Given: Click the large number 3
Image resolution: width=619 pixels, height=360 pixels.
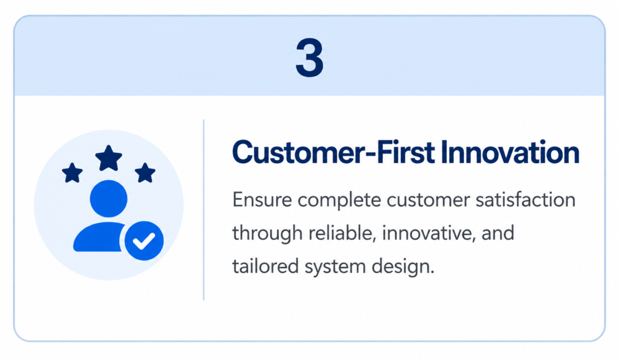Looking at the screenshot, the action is coord(309,57).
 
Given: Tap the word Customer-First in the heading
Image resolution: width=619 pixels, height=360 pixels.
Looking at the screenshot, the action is coord(334,152).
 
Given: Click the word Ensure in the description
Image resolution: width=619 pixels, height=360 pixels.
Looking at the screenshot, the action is coord(262,199).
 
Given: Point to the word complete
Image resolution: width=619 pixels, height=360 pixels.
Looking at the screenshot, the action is coord(339,201).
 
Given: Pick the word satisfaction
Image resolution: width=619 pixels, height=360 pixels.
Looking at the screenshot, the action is coord(525,199).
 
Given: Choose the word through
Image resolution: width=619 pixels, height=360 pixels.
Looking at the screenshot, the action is coord(267,233).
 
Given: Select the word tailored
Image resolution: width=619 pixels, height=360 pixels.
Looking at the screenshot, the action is coord(265,266).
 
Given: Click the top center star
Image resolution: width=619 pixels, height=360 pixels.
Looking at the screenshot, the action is coord(109,158).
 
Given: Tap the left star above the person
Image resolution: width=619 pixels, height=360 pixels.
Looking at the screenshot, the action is coord(73,173).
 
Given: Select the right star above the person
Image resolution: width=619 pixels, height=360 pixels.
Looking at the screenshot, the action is coord(145,173).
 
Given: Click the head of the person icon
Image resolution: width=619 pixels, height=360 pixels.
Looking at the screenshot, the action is coord(109,199).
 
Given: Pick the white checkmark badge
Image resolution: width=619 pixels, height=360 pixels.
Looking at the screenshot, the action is coord(144,240).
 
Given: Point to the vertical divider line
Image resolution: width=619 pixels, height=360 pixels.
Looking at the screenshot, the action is coord(204,210).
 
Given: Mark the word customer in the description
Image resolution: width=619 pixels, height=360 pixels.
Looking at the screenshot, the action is coord(428,201).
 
